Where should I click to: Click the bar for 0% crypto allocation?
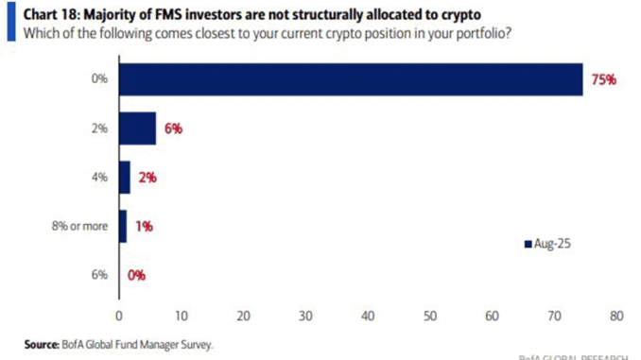tap(350, 79)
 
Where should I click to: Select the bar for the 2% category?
tap(137, 128)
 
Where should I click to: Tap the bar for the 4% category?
tap(125, 177)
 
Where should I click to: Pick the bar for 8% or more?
tap(122, 226)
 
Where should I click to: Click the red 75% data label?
tap(602, 79)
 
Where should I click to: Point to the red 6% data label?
tap(171, 129)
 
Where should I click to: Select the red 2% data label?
tap(147, 178)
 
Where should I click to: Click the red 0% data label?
tap(135, 275)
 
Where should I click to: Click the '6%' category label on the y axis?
tap(100, 275)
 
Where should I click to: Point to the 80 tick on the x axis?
tap(617, 315)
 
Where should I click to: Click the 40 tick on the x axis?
tap(368, 315)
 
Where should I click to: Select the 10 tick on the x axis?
tap(181, 315)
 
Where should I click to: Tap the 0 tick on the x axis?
tap(119, 315)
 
